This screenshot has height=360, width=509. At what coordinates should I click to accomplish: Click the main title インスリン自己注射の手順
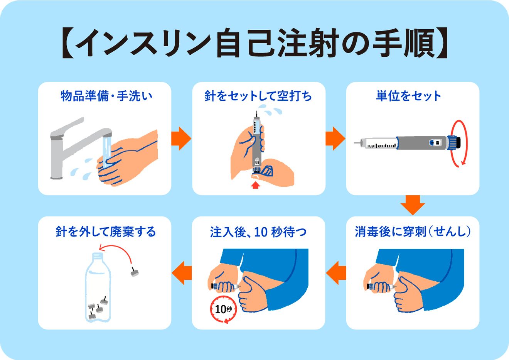(254, 43)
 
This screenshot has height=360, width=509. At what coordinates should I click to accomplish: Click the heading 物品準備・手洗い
(106, 96)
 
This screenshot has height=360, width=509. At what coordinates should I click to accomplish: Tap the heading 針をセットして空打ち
(258, 96)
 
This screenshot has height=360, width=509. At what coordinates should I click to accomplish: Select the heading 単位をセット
(409, 96)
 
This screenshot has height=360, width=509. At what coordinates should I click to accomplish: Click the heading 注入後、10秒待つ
(258, 232)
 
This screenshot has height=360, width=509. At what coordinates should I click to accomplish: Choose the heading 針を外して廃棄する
(106, 232)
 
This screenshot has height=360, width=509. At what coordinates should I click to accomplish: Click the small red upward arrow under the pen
(255, 186)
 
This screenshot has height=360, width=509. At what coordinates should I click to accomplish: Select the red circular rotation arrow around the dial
(460, 143)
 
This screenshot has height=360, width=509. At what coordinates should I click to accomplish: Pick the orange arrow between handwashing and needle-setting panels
(181, 138)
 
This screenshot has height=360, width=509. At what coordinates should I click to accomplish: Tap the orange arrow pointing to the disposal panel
(182, 272)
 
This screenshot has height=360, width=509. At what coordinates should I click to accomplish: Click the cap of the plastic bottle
(97, 256)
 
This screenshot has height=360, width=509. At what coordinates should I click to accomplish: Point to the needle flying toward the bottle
(134, 272)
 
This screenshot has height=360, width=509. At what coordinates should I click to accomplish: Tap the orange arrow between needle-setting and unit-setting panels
(335, 138)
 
